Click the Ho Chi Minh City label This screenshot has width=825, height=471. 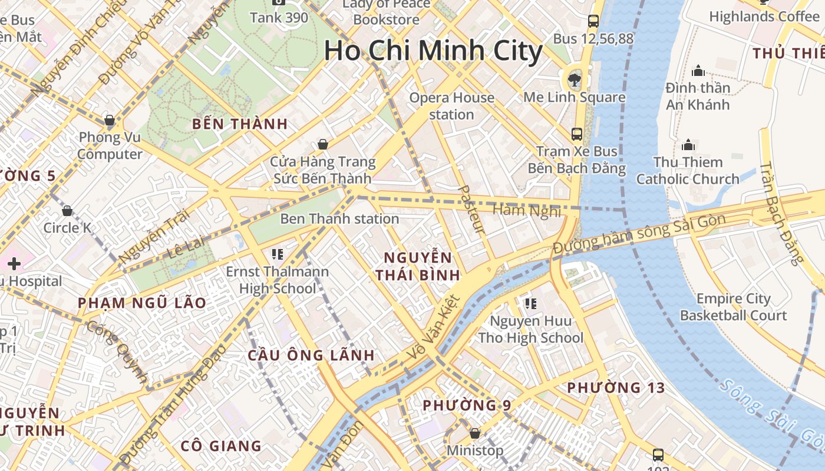433,51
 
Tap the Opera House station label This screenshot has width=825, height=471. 451,106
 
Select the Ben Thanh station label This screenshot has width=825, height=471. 339,219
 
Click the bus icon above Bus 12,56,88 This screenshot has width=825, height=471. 593,22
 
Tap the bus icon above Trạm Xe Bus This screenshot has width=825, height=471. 577,134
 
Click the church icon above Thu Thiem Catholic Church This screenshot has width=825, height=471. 688,145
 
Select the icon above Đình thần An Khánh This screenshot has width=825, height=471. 698,71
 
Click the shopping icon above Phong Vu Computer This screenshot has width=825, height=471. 110,121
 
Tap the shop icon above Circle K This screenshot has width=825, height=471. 67,210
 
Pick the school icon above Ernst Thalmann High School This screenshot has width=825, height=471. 278,254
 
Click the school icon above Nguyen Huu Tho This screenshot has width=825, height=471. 530,304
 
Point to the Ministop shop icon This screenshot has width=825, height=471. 475,433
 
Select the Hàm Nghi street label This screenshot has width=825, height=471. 526,210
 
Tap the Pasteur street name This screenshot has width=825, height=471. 471,210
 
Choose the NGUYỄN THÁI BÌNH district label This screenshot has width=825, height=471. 418,266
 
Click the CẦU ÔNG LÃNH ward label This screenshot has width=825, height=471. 311,355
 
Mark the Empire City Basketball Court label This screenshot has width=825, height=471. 734,307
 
